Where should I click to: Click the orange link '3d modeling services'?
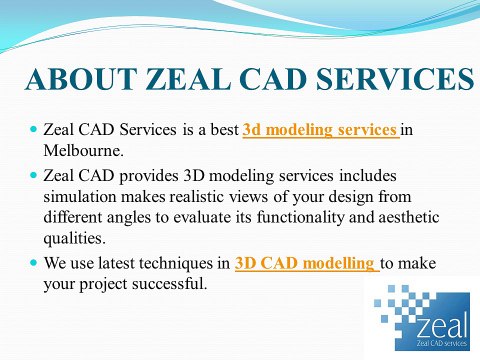[x=320, y=129]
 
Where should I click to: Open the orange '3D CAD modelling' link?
[x=305, y=264]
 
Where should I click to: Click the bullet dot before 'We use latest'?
[x=34, y=264]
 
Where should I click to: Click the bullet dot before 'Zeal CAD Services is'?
[x=34, y=130]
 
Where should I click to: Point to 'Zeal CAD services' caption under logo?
[x=435, y=345]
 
